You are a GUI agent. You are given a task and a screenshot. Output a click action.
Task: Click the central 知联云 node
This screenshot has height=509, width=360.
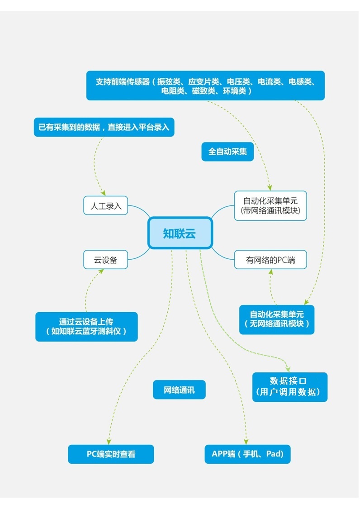coord(180,233)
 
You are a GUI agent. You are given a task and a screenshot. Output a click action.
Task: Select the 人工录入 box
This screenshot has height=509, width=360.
coord(106,205)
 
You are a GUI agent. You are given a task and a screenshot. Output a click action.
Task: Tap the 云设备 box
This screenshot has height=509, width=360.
coord(106,260)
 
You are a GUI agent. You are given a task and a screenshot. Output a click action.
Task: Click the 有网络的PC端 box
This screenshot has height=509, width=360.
coord(270,260)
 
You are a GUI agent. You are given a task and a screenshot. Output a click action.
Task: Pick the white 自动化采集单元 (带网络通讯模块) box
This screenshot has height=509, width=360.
coord(270,205)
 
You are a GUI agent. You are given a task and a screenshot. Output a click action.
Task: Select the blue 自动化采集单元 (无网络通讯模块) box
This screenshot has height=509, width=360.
coord(276,319)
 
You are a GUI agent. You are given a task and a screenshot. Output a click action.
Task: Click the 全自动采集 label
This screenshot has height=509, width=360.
coord(227,152)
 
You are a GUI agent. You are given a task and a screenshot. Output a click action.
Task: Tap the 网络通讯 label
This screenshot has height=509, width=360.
coord(179,390)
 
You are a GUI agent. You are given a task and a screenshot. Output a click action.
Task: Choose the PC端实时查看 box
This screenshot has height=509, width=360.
coord(111,454)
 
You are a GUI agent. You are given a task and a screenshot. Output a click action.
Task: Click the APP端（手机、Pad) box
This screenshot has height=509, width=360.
coord(247,454)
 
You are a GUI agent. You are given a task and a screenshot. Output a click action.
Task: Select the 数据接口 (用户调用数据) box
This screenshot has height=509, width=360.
coord(289,386)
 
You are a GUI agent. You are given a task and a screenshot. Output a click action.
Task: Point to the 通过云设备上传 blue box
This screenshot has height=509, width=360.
coord(86,326)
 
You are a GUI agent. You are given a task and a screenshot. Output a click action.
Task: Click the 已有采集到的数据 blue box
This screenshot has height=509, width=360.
coord(104,127)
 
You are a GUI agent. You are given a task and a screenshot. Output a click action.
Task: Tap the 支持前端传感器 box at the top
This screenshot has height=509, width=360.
coord(205,86)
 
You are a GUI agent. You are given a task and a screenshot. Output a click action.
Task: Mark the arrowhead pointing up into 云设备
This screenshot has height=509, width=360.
coord(100,271)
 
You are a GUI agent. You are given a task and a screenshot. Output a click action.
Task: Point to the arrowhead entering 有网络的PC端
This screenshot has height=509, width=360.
coord(270,271)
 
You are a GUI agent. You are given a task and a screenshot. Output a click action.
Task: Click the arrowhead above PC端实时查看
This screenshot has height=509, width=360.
coord(109,441)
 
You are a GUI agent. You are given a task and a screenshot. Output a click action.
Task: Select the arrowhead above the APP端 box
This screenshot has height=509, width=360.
coord(246,441)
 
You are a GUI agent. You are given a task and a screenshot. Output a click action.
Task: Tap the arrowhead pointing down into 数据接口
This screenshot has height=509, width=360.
coord(288,369)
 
